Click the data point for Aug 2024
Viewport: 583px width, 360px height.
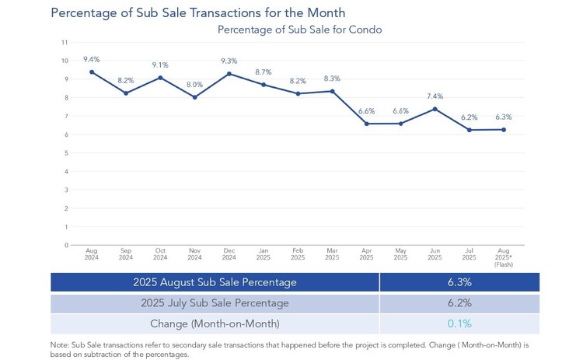[x=92, y=72]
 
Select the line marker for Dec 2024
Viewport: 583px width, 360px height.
[x=229, y=74]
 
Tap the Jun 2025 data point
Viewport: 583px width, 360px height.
[x=435, y=109]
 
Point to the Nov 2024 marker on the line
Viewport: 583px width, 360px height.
[x=194, y=97]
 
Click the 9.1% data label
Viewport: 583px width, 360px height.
[x=160, y=65]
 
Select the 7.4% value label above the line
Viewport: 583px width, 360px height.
[x=435, y=96]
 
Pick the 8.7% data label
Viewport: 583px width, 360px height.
[x=263, y=72]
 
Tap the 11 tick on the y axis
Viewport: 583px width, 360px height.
[x=65, y=43]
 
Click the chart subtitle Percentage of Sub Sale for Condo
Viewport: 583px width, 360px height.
[x=299, y=30]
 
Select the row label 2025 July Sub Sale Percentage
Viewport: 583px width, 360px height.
[x=214, y=302]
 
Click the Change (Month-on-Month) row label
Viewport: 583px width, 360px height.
[x=214, y=323]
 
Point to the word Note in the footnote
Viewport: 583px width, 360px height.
[x=60, y=344]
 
